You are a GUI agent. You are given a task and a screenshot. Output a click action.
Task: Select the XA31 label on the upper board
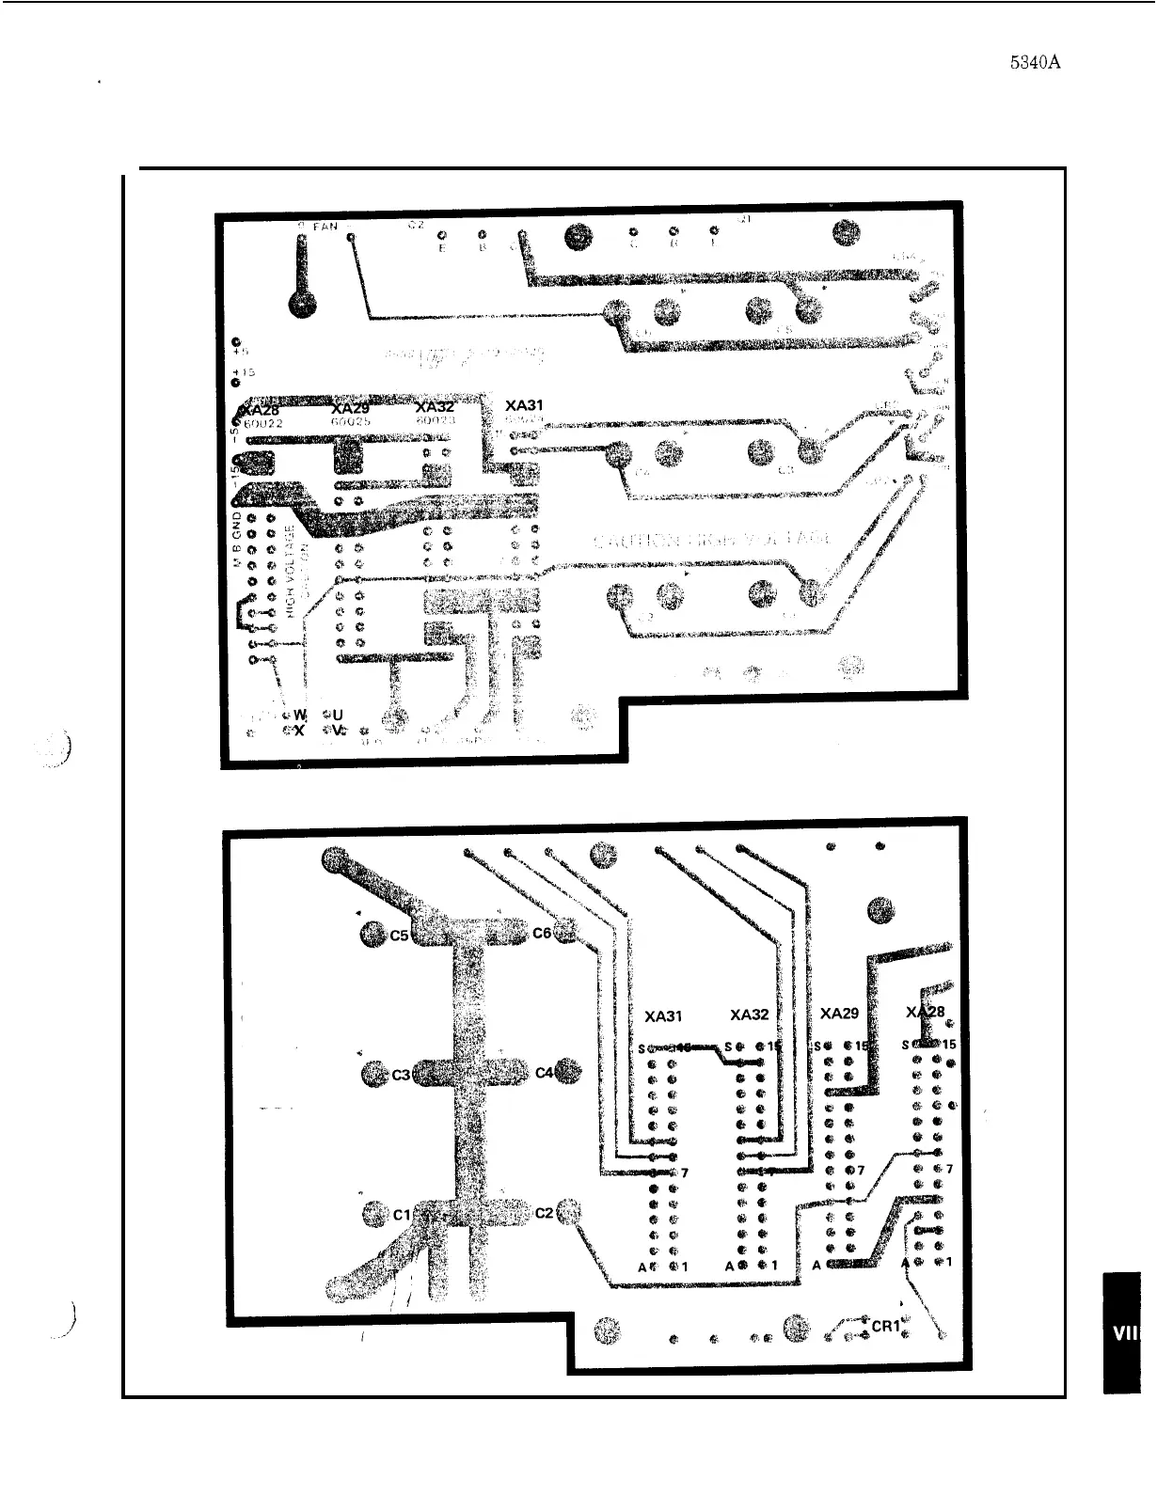coord(524,405)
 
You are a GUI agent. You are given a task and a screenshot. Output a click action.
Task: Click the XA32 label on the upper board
coord(435,407)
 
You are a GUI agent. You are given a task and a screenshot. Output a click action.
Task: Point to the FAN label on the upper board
coord(325,227)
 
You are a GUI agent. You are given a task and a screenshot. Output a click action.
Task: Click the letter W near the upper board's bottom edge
coord(301,715)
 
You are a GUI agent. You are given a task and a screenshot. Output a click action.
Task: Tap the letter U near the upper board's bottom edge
coord(338,715)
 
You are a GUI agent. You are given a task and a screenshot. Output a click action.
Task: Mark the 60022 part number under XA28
coord(262,423)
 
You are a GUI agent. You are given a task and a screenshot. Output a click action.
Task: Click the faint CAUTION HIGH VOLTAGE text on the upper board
coord(712,541)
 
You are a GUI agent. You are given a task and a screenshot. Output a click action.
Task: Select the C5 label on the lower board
coord(399,936)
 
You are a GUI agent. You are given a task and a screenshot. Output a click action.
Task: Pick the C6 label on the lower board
coord(542,933)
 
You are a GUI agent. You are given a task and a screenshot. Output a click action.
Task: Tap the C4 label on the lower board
coord(544,1073)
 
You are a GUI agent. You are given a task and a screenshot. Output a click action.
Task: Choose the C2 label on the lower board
coord(544,1212)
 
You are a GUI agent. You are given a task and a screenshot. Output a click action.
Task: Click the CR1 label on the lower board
coord(886,1326)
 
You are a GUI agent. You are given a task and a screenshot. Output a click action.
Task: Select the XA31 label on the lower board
coord(663,1016)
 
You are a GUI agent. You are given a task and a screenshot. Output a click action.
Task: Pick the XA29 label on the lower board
coord(839,1014)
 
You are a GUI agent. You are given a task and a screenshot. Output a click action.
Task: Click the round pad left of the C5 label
coord(372,935)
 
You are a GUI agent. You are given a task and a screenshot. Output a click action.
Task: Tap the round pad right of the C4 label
coord(568,1072)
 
